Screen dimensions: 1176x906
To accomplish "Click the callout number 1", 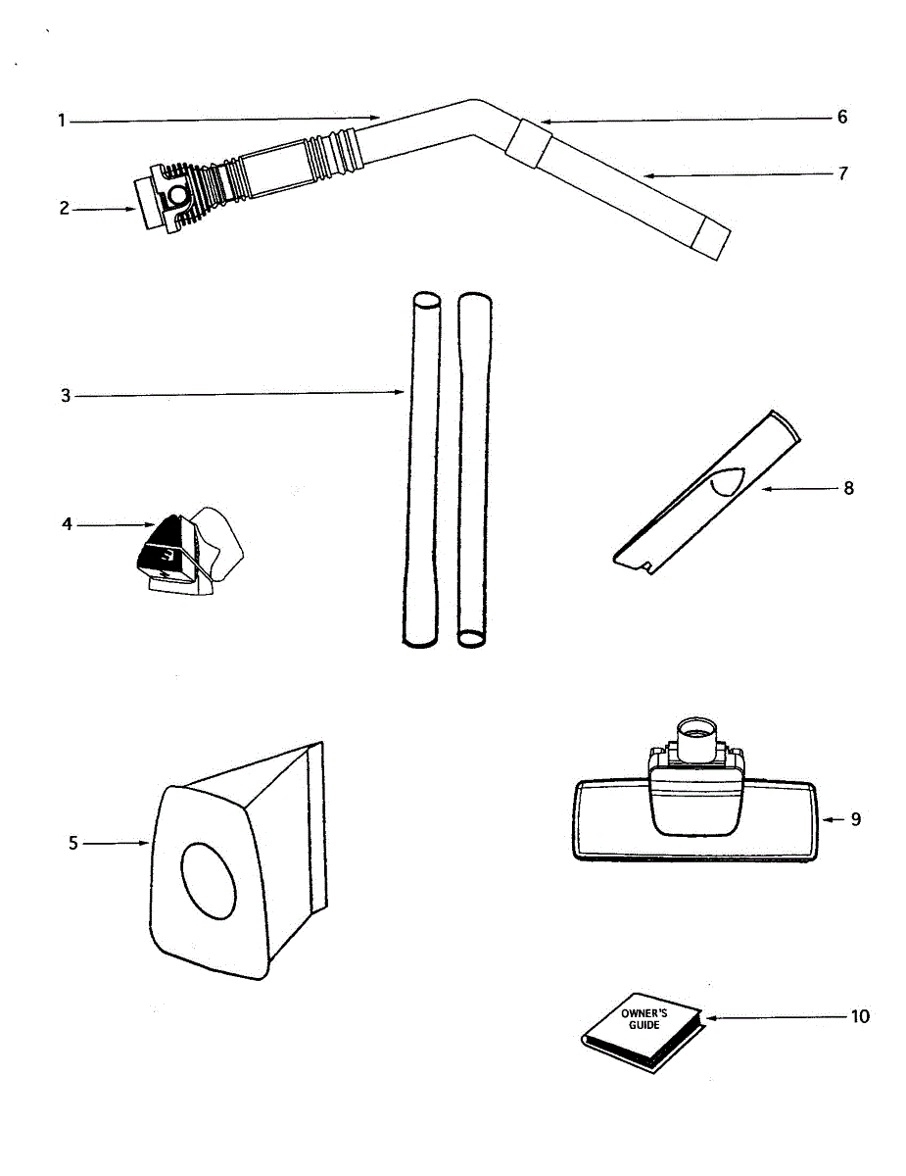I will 61,122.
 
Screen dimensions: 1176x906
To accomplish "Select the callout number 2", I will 65,209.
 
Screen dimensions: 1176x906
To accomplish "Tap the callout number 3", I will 66,396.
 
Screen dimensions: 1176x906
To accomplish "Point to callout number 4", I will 67,524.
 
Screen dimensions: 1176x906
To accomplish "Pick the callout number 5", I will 72,843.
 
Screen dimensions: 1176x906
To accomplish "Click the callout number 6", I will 841,118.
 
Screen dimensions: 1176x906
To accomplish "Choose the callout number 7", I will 842,173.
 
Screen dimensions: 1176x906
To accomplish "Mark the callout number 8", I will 848,487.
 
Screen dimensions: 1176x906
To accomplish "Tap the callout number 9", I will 855,818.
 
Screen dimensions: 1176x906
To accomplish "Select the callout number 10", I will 858,1016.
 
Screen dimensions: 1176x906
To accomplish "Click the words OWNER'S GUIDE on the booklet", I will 644,1018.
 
